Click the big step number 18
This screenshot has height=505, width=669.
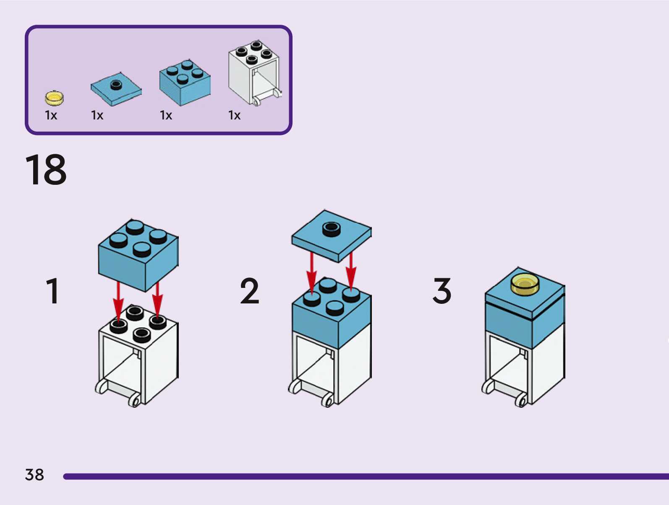46,170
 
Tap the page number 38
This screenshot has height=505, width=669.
34,475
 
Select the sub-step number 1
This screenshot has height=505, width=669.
52,291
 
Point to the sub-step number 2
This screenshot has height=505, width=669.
249,291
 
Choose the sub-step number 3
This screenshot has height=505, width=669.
442,291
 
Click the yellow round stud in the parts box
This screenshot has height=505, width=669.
54,98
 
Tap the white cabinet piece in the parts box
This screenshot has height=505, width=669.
254,73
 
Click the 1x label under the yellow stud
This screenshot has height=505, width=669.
51,115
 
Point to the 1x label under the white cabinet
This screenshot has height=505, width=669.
234,115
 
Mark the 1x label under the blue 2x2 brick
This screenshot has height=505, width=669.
166,115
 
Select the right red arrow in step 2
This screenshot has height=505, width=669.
351,270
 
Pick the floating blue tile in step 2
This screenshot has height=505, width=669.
332,237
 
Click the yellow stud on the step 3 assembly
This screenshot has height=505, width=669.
525,285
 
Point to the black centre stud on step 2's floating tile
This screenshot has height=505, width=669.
332,228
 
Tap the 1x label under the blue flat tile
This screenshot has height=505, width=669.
97,115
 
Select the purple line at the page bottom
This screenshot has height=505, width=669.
365,477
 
